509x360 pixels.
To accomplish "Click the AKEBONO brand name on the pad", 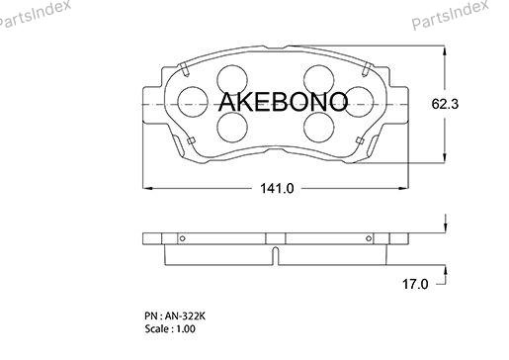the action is [x=283, y=102].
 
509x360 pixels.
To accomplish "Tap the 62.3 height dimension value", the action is [x=445, y=104].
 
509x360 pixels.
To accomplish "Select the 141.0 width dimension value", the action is [x=277, y=189].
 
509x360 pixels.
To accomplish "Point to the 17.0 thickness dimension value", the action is [x=415, y=284].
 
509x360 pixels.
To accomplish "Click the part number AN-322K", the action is [x=185, y=315].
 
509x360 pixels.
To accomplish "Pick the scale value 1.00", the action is [x=186, y=328].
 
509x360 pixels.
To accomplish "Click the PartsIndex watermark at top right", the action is [x=450, y=14].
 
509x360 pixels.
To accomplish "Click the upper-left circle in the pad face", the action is [x=232, y=80].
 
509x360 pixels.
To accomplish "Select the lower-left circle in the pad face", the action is [x=232, y=127].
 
